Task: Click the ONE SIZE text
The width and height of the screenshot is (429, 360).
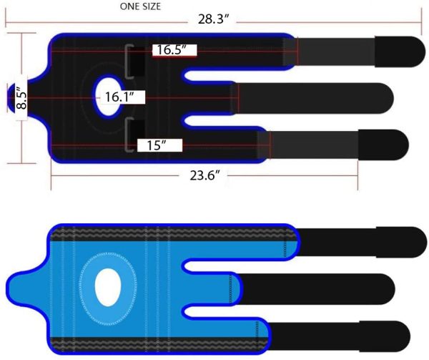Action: pyautogui.click(x=140, y=6)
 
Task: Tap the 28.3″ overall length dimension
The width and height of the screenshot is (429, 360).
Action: pyautogui.click(x=213, y=19)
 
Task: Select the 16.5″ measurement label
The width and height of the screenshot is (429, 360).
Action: pyautogui.click(x=172, y=50)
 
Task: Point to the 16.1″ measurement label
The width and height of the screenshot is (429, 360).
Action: pyautogui.click(x=119, y=97)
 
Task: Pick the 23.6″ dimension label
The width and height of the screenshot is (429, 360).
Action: pyautogui.click(x=205, y=175)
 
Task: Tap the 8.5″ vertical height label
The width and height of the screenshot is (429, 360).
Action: pyautogui.click(x=21, y=98)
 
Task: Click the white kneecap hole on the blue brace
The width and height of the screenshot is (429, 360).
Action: pyautogui.click(x=108, y=287)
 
